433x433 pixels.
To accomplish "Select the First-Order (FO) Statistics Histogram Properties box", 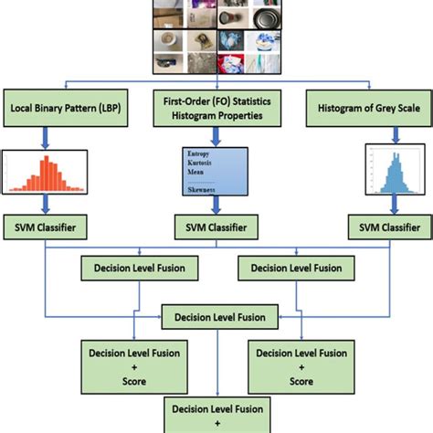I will coord(216,109).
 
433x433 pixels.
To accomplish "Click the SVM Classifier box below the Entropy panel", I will coord(216,225).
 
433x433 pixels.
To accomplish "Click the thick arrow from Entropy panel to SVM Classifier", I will coord(216,205).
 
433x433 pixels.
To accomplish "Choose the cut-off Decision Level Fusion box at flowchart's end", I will coord(216,415).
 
